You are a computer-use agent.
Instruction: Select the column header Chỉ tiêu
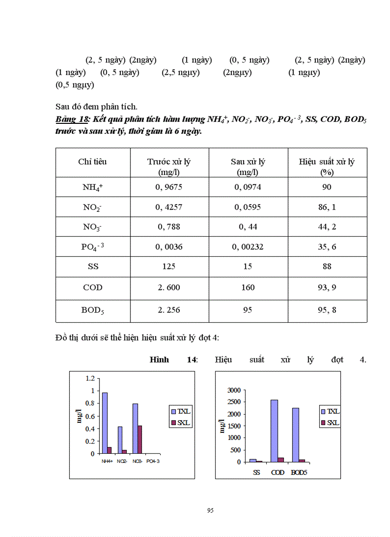pos(92,162)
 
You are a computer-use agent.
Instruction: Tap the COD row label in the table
pos(92,287)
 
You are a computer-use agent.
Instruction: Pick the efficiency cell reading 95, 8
pos(327,310)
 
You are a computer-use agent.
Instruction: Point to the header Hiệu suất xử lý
pos(327,162)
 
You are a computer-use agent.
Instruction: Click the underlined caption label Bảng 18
pos(67,119)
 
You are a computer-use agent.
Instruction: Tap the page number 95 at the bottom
pos(210,511)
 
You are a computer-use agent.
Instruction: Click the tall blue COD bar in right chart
pos(274,430)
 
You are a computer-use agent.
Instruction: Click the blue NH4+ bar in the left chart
pos(105,423)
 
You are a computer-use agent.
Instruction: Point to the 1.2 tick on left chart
pos(90,378)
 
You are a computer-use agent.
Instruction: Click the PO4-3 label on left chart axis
pos(153,461)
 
